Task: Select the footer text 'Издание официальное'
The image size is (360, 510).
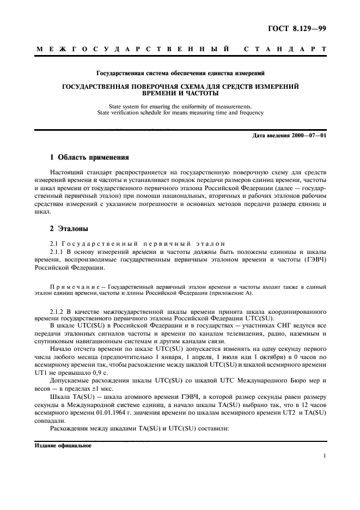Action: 63,445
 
